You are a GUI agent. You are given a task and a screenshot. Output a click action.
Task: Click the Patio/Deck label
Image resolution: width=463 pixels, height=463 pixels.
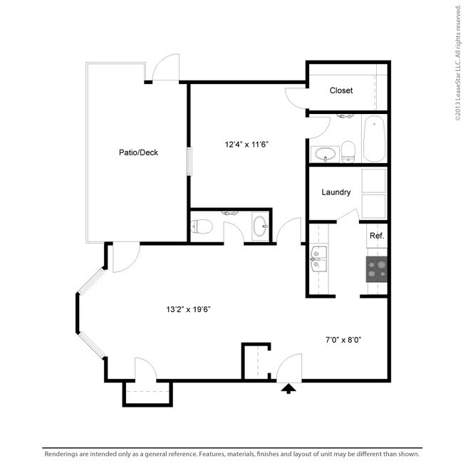tap(138, 152)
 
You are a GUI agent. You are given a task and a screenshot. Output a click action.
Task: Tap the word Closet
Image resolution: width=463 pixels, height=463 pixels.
tap(341, 90)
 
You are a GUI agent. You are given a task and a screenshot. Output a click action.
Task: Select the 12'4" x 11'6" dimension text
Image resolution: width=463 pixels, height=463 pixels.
tap(246, 145)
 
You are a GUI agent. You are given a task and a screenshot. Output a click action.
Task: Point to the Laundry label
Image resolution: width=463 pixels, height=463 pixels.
tap(335, 192)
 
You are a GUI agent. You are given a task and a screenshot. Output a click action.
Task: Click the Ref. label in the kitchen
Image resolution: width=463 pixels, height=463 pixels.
tap(377, 236)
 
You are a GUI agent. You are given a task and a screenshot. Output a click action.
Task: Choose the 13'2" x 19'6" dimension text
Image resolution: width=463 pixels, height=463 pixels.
tap(188, 309)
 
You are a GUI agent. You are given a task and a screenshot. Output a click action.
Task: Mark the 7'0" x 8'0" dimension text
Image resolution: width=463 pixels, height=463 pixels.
tap(339, 340)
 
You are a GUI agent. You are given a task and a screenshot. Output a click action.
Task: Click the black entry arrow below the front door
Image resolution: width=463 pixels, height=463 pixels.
tap(288, 388)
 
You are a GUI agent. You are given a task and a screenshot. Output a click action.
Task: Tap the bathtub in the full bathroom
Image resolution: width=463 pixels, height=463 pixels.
tap(373, 140)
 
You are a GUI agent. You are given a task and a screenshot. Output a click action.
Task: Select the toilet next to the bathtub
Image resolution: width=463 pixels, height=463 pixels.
tap(348, 150)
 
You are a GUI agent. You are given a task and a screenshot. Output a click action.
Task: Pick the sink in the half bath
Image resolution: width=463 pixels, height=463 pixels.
tap(261, 227)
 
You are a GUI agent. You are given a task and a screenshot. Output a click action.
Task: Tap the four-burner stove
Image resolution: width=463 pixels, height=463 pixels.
tap(378, 269)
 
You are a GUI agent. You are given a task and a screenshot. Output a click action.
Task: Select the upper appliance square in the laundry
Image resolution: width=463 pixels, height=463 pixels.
tap(373, 181)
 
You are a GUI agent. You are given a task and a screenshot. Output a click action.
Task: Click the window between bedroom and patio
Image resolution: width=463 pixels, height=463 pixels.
tap(189, 162)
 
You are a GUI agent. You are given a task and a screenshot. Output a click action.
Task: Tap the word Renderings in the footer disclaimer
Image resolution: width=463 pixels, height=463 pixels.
tap(65, 453)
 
